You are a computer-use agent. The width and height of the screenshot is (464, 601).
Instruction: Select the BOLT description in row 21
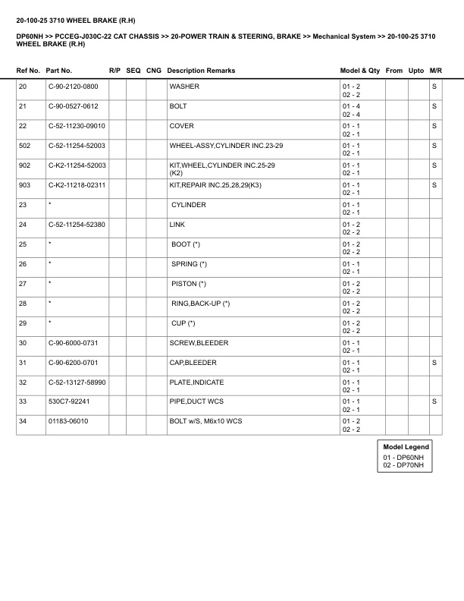(x=178, y=106)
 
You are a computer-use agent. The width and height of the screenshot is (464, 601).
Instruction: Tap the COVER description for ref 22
(x=181, y=126)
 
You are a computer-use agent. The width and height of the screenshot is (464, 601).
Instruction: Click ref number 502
(x=24, y=146)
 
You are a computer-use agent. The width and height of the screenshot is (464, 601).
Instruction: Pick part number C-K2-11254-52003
(x=77, y=165)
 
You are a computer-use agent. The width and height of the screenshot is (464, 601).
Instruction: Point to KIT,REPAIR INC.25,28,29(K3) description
(x=212, y=185)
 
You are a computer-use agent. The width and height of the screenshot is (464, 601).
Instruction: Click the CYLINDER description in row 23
(x=189, y=205)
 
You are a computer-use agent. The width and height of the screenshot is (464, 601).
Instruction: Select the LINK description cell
(x=177, y=225)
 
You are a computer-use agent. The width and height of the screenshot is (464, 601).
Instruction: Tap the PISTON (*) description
(x=189, y=284)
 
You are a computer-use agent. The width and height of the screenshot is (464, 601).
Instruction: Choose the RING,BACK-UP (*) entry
(x=201, y=304)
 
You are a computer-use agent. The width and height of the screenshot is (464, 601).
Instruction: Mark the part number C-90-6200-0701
(x=74, y=363)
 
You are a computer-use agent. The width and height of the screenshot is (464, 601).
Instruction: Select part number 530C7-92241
(x=68, y=402)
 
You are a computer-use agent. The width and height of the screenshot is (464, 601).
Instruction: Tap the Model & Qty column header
(x=360, y=71)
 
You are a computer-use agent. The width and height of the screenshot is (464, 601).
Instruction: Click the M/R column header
(x=435, y=71)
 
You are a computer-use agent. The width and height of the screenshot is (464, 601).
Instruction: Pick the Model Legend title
(x=406, y=448)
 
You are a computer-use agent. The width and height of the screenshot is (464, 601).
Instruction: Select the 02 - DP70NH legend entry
(x=403, y=465)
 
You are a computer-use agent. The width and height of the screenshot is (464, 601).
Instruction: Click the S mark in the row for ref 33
(x=434, y=402)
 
